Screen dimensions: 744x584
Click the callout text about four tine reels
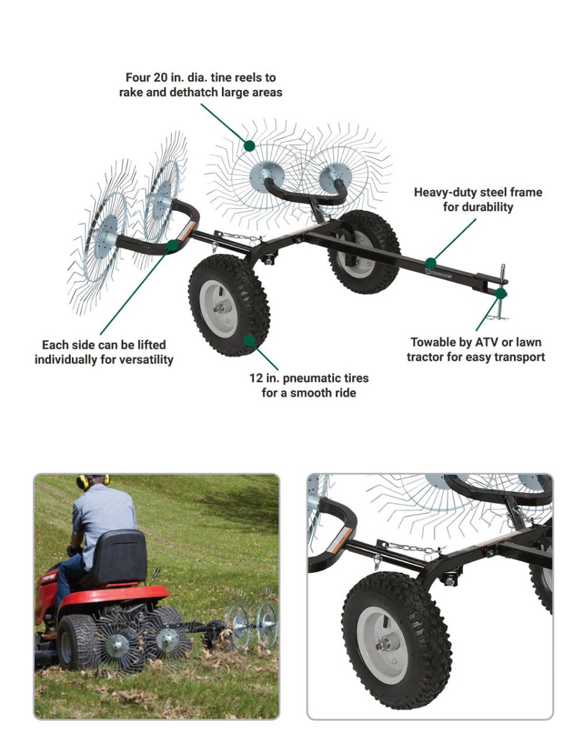click(200, 85)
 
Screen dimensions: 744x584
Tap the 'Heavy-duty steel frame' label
click(477, 200)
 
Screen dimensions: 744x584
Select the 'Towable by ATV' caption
click(476, 350)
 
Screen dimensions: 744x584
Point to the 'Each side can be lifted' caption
click(104, 352)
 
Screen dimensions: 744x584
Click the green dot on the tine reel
click(249, 146)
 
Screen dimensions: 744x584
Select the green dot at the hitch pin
click(501, 293)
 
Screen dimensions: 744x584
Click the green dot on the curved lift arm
click(173, 245)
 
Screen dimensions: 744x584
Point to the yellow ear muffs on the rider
click(92, 480)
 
